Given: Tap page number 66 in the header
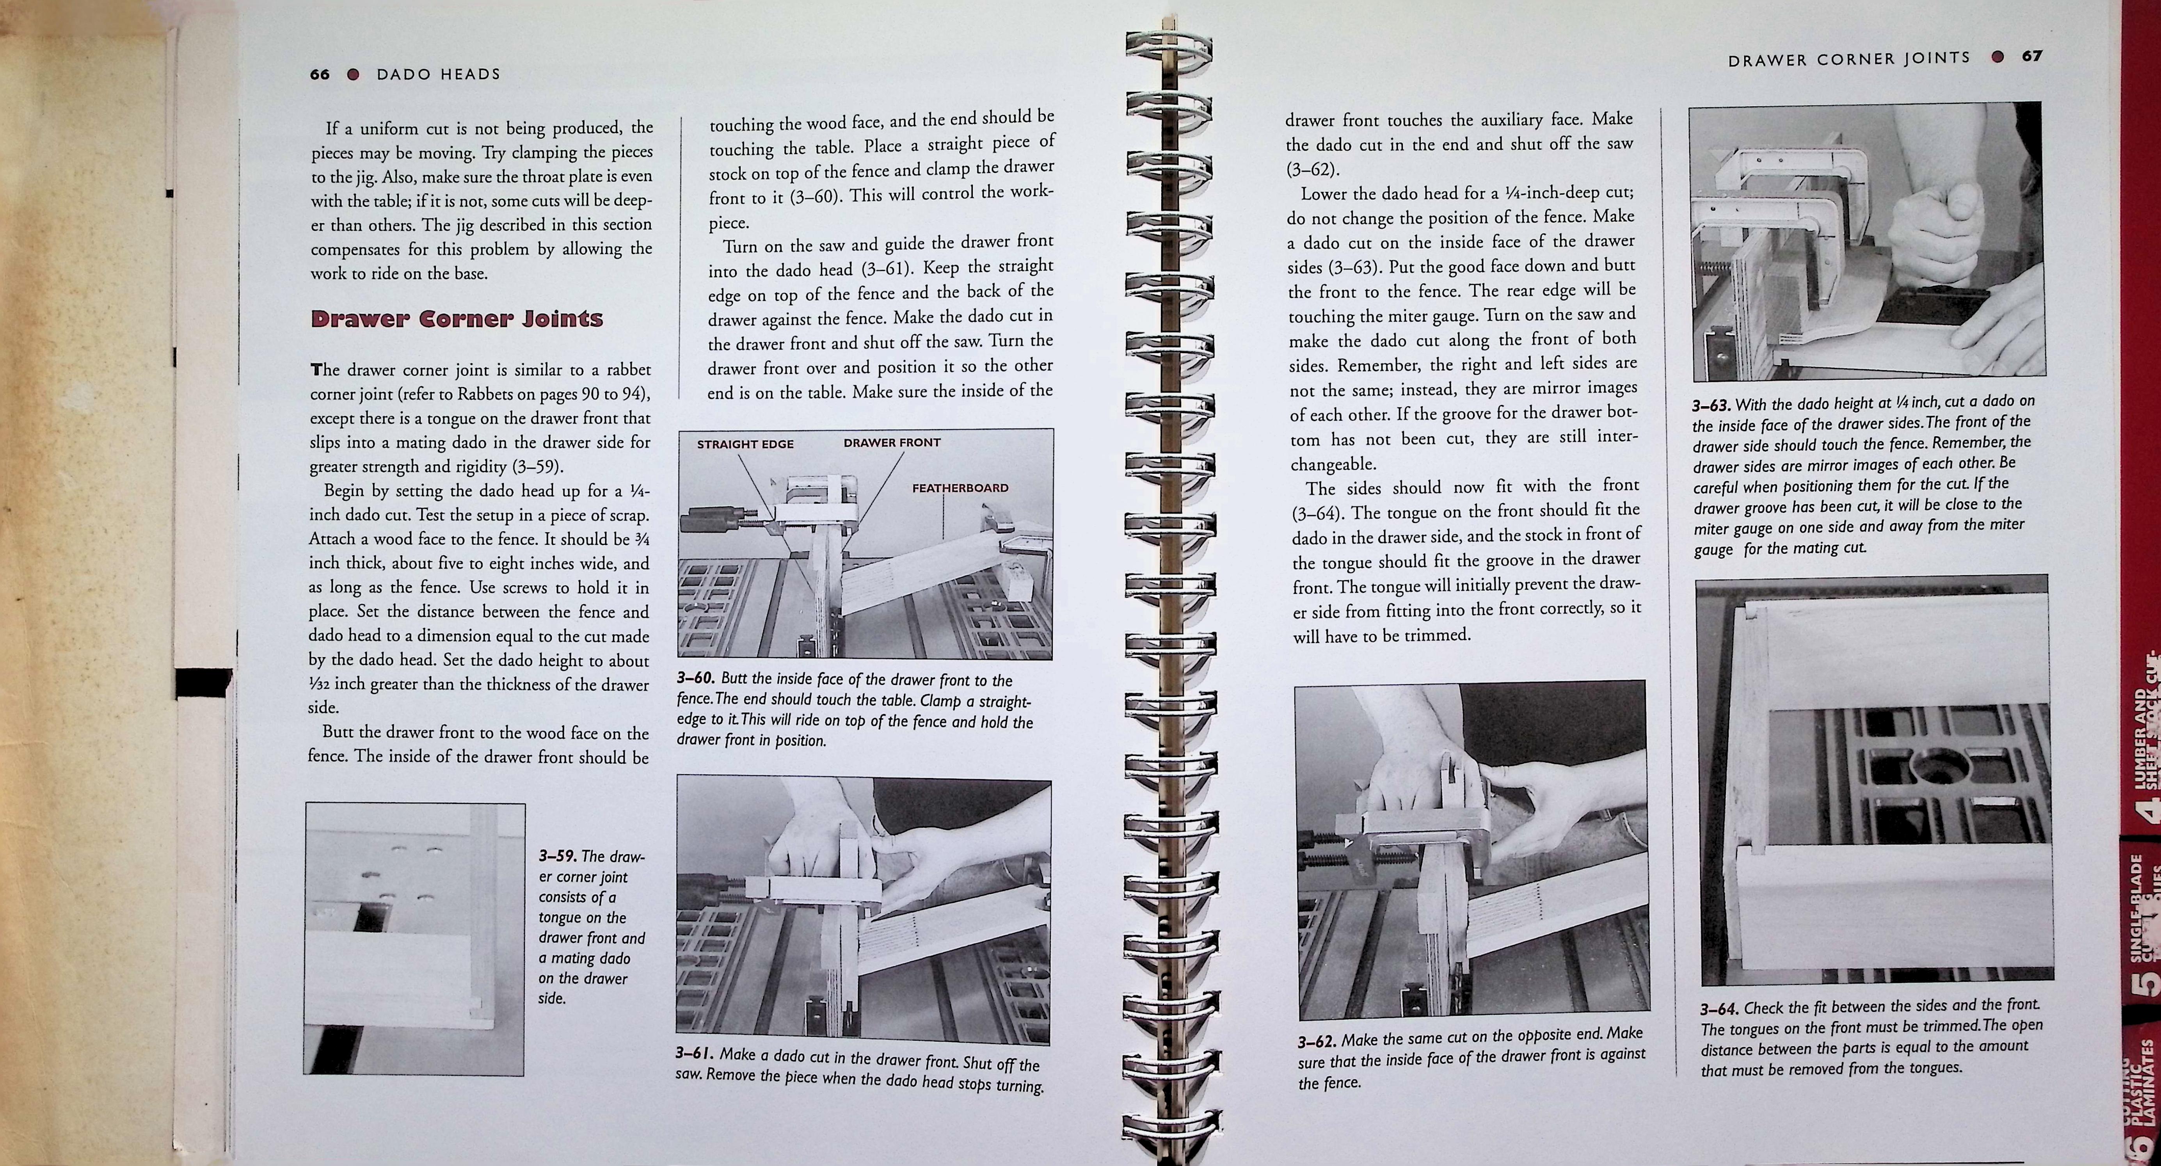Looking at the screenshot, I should point(320,74).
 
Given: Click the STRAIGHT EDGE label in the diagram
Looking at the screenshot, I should point(745,444).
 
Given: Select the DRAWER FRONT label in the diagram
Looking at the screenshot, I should point(892,442).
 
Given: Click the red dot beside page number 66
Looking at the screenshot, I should point(353,74).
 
